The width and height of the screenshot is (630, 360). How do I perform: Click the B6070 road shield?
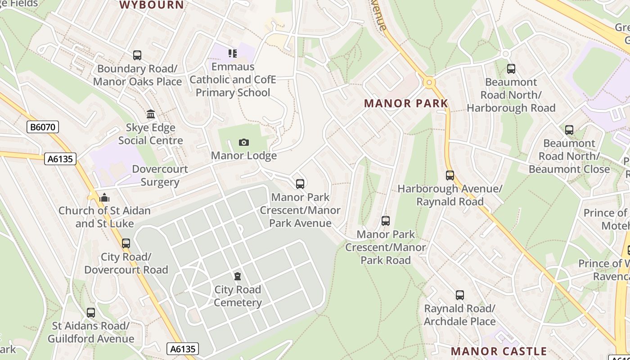(x=43, y=127)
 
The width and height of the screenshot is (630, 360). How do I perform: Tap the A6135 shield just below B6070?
(x=60, y=159)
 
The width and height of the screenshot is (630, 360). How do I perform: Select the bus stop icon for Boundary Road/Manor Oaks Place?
(x=137, y=55)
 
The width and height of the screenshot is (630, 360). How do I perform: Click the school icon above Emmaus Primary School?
(x=232, y=54)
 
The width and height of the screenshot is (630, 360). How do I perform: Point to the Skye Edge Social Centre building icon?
(x=151, y=114)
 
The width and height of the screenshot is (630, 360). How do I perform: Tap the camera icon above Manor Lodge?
(x=244, y=143)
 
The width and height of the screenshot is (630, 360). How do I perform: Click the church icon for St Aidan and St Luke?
(x=104, y=198)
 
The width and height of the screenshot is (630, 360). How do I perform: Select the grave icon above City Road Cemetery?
(x=238, y=276)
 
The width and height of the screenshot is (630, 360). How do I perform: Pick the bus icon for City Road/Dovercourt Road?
(x=126, y=243)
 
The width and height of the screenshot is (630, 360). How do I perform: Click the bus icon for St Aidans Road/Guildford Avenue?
(x=91, y=312)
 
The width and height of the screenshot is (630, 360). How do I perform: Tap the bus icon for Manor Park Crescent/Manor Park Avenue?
(x=300, y=184)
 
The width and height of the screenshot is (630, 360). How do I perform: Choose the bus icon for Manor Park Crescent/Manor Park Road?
(x=386, y=221)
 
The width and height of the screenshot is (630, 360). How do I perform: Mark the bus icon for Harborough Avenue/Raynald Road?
(x=450, y=175)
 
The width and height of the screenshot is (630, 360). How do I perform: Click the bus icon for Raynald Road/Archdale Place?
(x=459, y=295)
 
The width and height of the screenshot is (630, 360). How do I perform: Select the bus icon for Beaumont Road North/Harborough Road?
(x=511, y=69)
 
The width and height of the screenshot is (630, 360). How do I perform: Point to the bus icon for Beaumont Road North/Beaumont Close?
(x=569, y=130)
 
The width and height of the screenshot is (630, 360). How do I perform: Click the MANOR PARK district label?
(x=406, y=103)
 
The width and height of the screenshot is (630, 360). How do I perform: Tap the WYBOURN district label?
(x=152, y=5)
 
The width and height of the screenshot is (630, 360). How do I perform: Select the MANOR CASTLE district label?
(x=499, y=351)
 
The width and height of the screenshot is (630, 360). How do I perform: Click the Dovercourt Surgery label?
(x=160, y=175)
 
